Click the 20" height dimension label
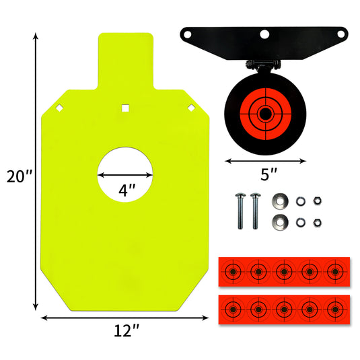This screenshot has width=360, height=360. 20,176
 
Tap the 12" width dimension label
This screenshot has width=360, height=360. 127,330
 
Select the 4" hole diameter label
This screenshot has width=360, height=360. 127,190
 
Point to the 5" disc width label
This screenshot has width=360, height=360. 269,174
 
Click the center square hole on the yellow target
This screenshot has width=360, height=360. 125,108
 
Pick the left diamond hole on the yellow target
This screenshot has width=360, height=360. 60,108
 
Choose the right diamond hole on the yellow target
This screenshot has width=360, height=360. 191,108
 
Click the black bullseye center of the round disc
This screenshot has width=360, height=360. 265,114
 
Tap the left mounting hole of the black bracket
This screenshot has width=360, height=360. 187,35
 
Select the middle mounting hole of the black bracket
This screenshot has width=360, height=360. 264,35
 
